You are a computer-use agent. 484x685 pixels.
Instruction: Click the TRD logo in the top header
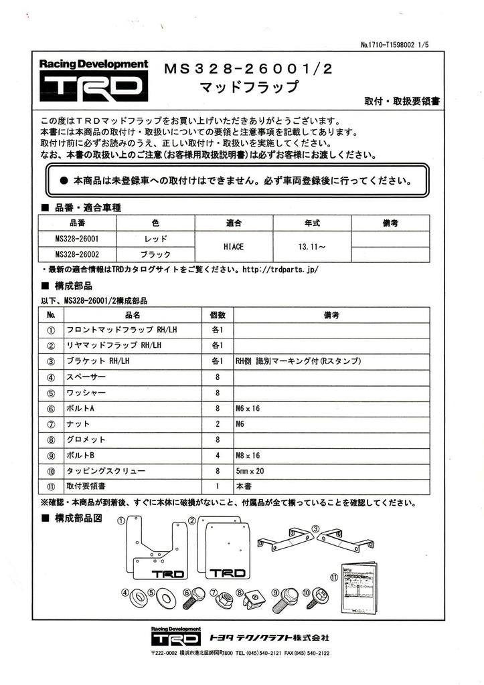(94, 86)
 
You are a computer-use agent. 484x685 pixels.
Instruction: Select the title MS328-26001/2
(252, 69)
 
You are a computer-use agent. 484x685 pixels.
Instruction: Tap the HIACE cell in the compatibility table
(233, 247)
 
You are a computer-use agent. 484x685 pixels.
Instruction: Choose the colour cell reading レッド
(155, 238)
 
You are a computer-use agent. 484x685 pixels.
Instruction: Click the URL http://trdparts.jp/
(279, 270)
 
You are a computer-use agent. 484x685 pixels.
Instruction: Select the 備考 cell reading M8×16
(248, 456)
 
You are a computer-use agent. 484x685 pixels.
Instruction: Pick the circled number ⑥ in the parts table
(51, 408)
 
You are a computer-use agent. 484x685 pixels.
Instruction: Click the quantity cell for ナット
(218, 424)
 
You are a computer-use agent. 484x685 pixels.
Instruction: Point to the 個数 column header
(218, 314)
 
